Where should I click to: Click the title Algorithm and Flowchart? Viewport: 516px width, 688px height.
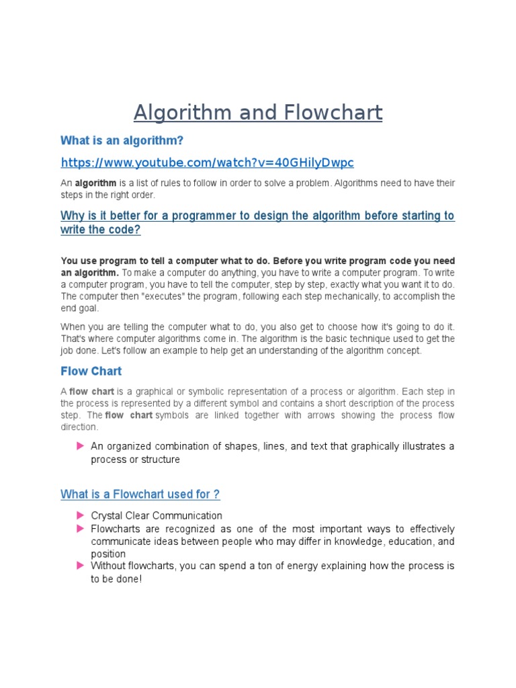pyautogui.click(x=258, y=112)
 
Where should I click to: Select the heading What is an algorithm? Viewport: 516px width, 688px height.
pyautogui.click(x=122, y=140)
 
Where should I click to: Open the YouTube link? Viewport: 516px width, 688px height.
pyautogui.click(x=207, y=163)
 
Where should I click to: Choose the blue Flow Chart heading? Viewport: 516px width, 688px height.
pyautogui.click(x=91, y=371)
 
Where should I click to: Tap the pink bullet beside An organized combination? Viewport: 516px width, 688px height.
pyautogui.click(x=81, y=446)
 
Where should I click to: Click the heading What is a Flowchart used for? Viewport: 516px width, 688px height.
pyautogui.click(x=140, y=494)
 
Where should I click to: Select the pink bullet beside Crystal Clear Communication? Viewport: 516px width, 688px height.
pyautogui.click(x=81, y=515)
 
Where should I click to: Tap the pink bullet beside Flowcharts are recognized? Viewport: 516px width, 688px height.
pyautogui.click(x=81, y=529)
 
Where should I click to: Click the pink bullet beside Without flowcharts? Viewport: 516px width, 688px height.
pyautogui.click(x=81, y=566)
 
